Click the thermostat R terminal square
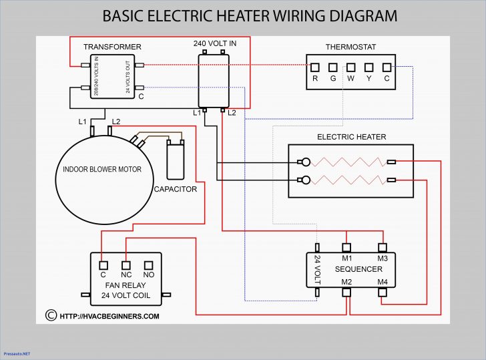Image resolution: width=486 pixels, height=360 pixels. (315, 67)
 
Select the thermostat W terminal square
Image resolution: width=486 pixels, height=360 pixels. (350, 67)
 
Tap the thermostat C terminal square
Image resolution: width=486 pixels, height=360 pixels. (386, 67)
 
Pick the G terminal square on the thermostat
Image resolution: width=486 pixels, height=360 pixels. (332, 67)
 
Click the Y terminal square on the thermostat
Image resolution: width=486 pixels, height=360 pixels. (369, 67)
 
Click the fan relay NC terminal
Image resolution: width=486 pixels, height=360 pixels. (126, 264)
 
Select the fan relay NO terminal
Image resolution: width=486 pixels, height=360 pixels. (148, 264)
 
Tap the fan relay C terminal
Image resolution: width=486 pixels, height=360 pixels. (103, 264)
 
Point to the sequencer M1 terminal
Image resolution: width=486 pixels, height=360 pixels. (346, 248)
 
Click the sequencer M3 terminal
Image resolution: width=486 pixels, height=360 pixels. (382, 248)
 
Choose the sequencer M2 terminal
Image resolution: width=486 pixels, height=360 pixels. (346, 292)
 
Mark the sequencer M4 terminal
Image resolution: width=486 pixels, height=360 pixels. (382, 292)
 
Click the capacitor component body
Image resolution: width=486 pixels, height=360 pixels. (175, 162)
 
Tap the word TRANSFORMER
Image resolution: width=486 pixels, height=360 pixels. (112, 47)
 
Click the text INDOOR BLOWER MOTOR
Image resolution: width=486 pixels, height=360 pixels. (102, 170)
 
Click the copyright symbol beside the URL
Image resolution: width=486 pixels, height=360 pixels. (50, 315)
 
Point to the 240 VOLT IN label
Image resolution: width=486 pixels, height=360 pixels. (214, 43)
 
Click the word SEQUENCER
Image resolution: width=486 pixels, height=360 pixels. (359, 269)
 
